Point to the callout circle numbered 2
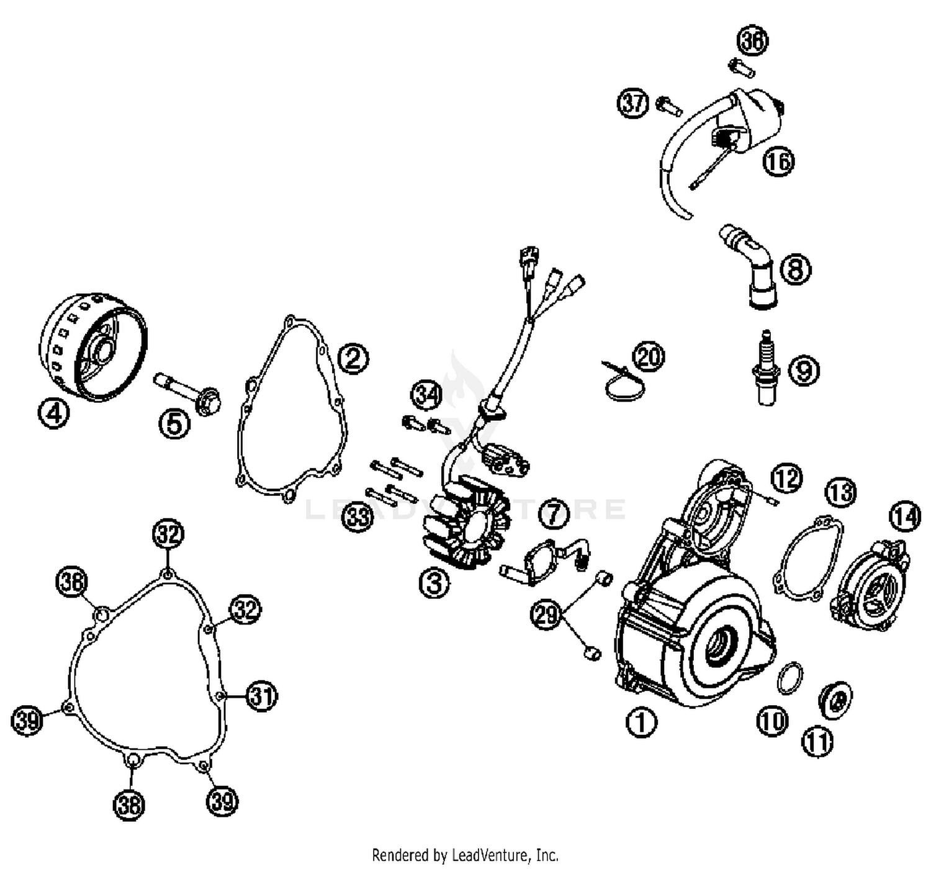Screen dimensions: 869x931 click(x=353, y=358)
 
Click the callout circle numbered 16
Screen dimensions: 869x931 click(x=778, y=161)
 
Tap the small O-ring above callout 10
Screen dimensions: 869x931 click(x=789, y=677)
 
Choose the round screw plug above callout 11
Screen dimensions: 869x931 click(x=835, y=700)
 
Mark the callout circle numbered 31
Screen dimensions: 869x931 click(x=261, y=696)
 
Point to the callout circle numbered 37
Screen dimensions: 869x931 click(x=633, y=102)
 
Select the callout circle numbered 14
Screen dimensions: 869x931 click(x=905, y=516)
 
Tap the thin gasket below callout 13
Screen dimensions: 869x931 click(x=809, y=559)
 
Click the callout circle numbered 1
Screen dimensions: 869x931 click(x=641, y=722)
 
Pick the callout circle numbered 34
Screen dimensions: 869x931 click(x=427, y=395)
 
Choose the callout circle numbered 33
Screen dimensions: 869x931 click(x=358, y=516)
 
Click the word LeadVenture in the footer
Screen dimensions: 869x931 click(x=493, y=855)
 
